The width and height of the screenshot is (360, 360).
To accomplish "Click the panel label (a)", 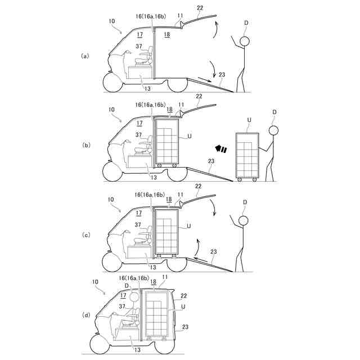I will [85, 56].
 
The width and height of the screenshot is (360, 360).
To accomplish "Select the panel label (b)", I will [85, 145].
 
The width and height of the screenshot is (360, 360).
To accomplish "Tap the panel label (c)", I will [85, 235].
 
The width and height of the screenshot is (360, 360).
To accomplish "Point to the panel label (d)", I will [85, 315].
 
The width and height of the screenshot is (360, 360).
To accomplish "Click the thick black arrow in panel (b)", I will [220, 149].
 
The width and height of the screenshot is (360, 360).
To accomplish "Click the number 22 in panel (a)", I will [201, 7].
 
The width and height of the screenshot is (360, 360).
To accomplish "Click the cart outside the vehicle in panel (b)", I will [247, 156].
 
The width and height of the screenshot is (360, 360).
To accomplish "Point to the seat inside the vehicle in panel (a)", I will [146, 56].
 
